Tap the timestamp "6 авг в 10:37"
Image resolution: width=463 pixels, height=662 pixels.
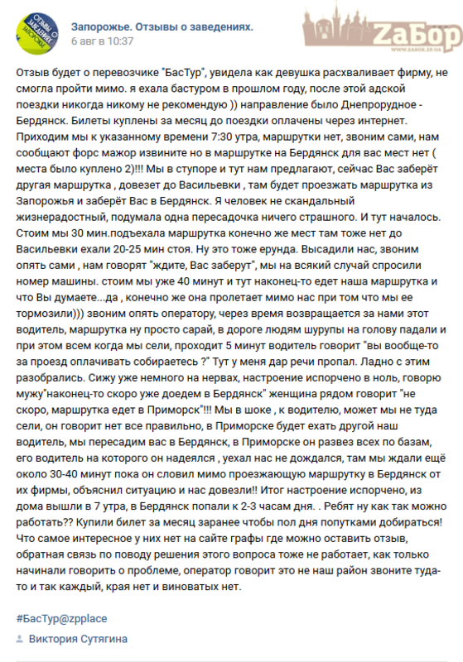(x=103, y=40)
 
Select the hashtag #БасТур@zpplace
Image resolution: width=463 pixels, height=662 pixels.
(x=61, y=618)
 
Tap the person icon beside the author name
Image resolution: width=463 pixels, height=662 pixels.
(x=21, y=639)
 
